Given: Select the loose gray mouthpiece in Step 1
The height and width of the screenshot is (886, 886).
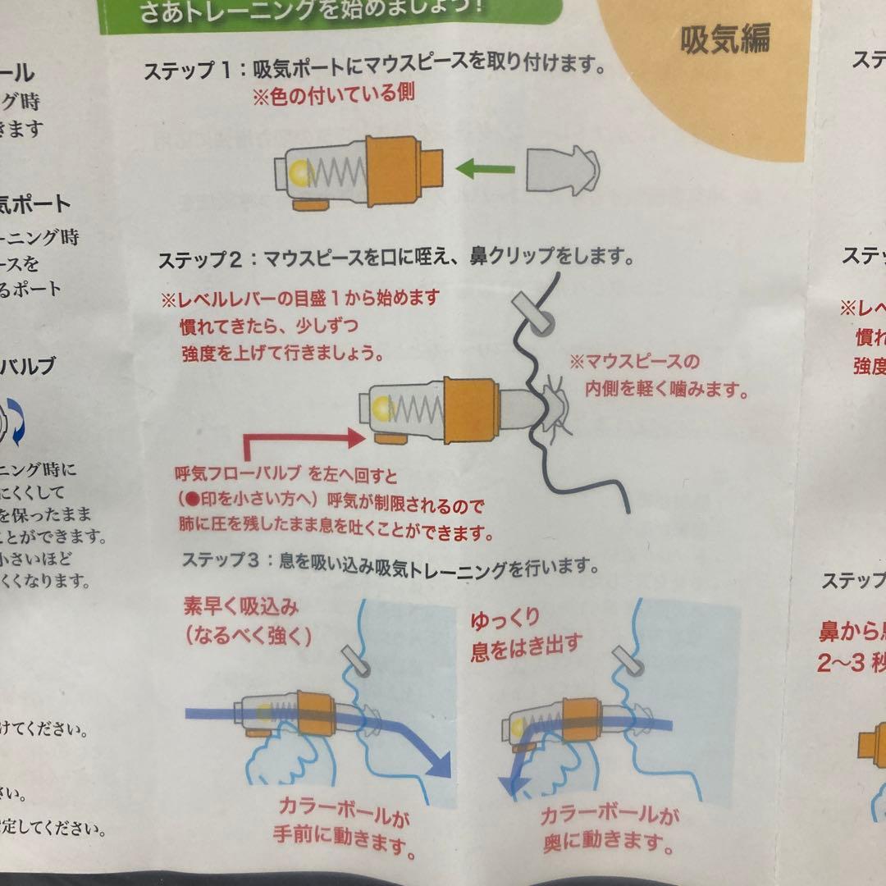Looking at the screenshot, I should pyautogui.click(x=564, y=172).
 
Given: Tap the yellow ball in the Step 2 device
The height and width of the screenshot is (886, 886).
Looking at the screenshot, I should pyautogui.click(x=382, y=408).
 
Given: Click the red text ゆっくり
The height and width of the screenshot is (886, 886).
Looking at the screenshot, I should pyautogui.click(x=505, y=621).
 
